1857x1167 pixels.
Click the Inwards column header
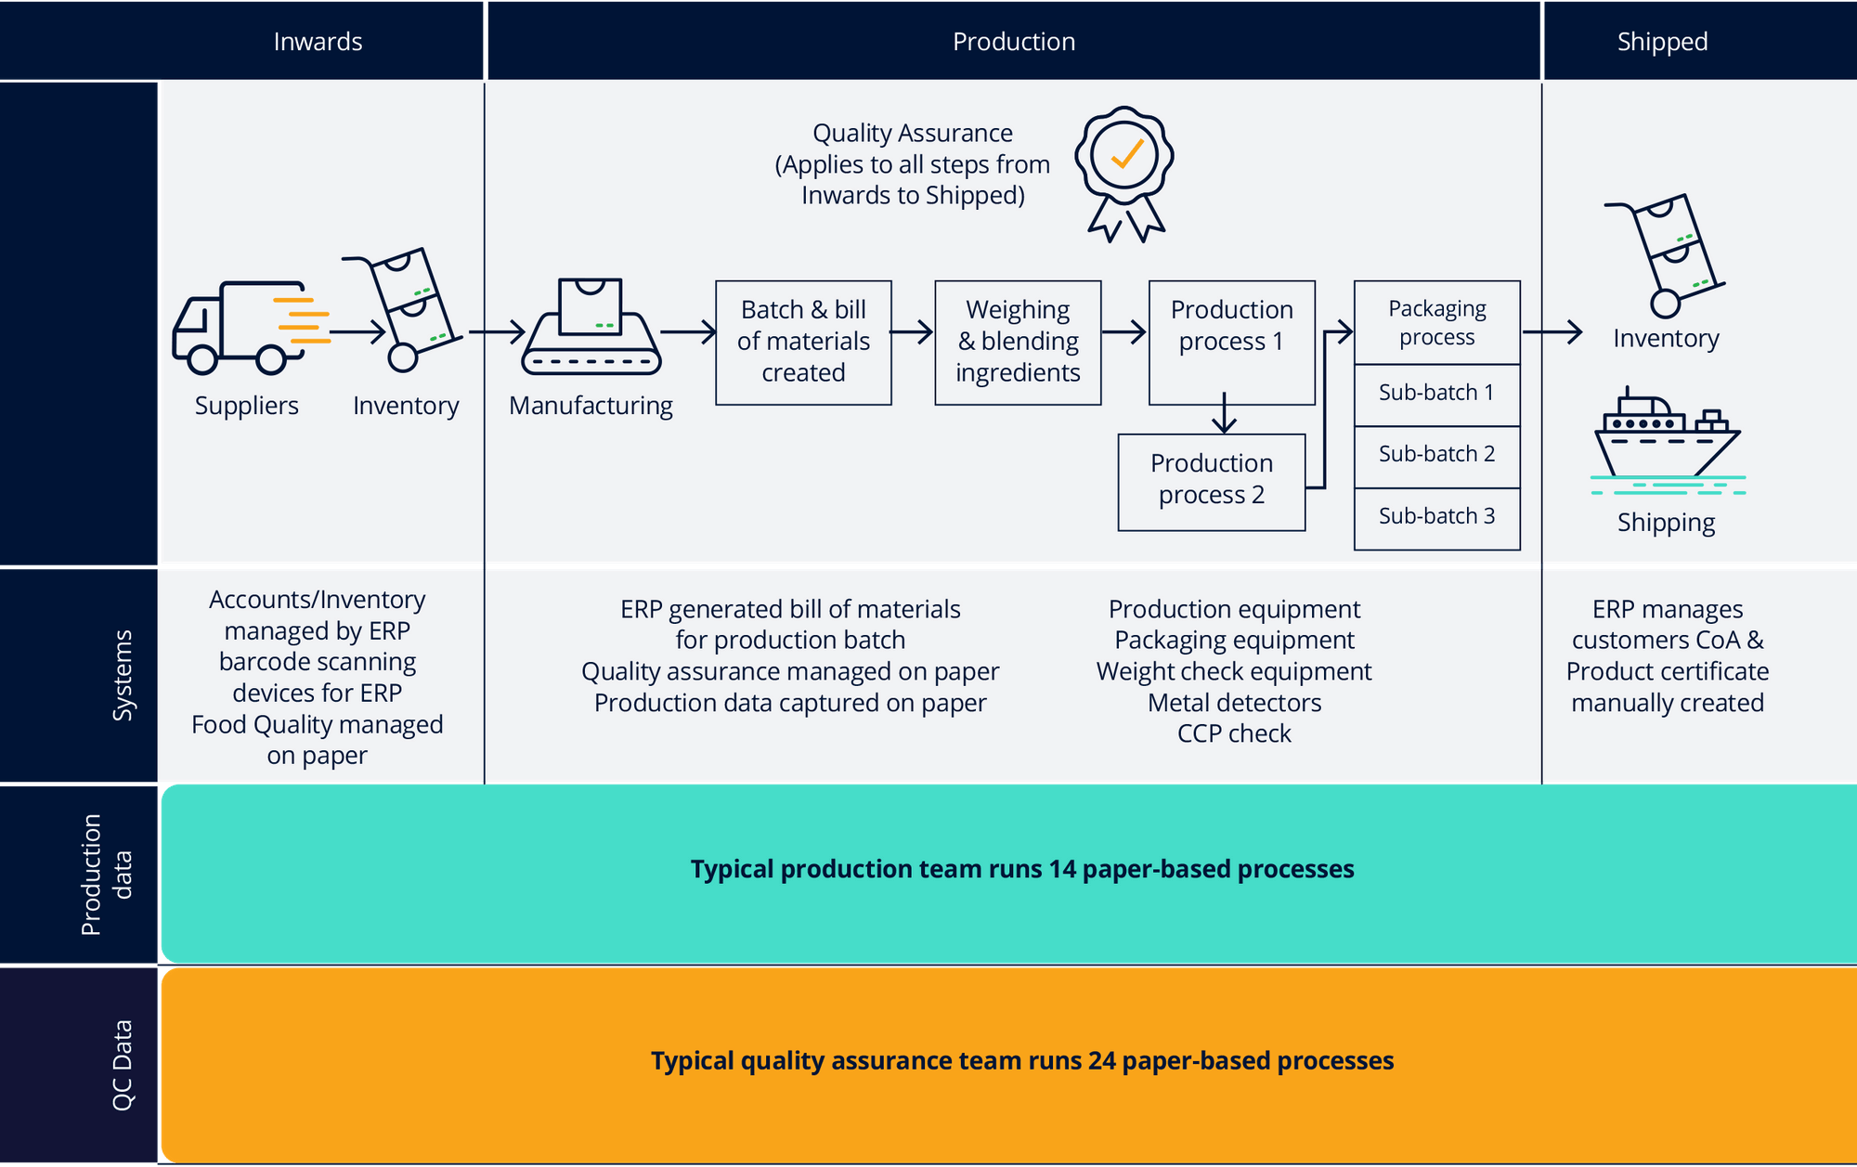(318, 42)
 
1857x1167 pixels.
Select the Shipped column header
(1662, 42)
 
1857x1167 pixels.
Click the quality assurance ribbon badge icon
(1124, 173)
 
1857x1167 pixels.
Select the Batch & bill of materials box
(803, 342)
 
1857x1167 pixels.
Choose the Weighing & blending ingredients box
(1018, 342)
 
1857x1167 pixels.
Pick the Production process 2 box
(1211, 481)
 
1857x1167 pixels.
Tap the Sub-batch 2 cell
(1436, 455)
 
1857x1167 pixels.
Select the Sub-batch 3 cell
(1436, 517)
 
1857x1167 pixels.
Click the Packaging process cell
(1436, 322)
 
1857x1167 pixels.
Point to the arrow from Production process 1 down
(1225, 414)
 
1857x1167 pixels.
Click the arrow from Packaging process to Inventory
(1552, 331)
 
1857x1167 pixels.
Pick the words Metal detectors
(1234, 703)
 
